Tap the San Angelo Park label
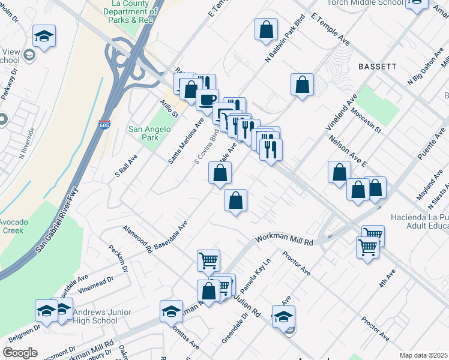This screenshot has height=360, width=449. coord(144,133)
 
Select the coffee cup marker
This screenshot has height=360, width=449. coord(208,99)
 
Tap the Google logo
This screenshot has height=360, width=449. coord(20,353)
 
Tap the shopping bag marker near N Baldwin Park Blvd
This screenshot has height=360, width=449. coord(266,29)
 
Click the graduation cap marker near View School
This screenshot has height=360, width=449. coord(44,36)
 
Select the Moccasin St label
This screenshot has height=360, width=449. coord(367,120)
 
